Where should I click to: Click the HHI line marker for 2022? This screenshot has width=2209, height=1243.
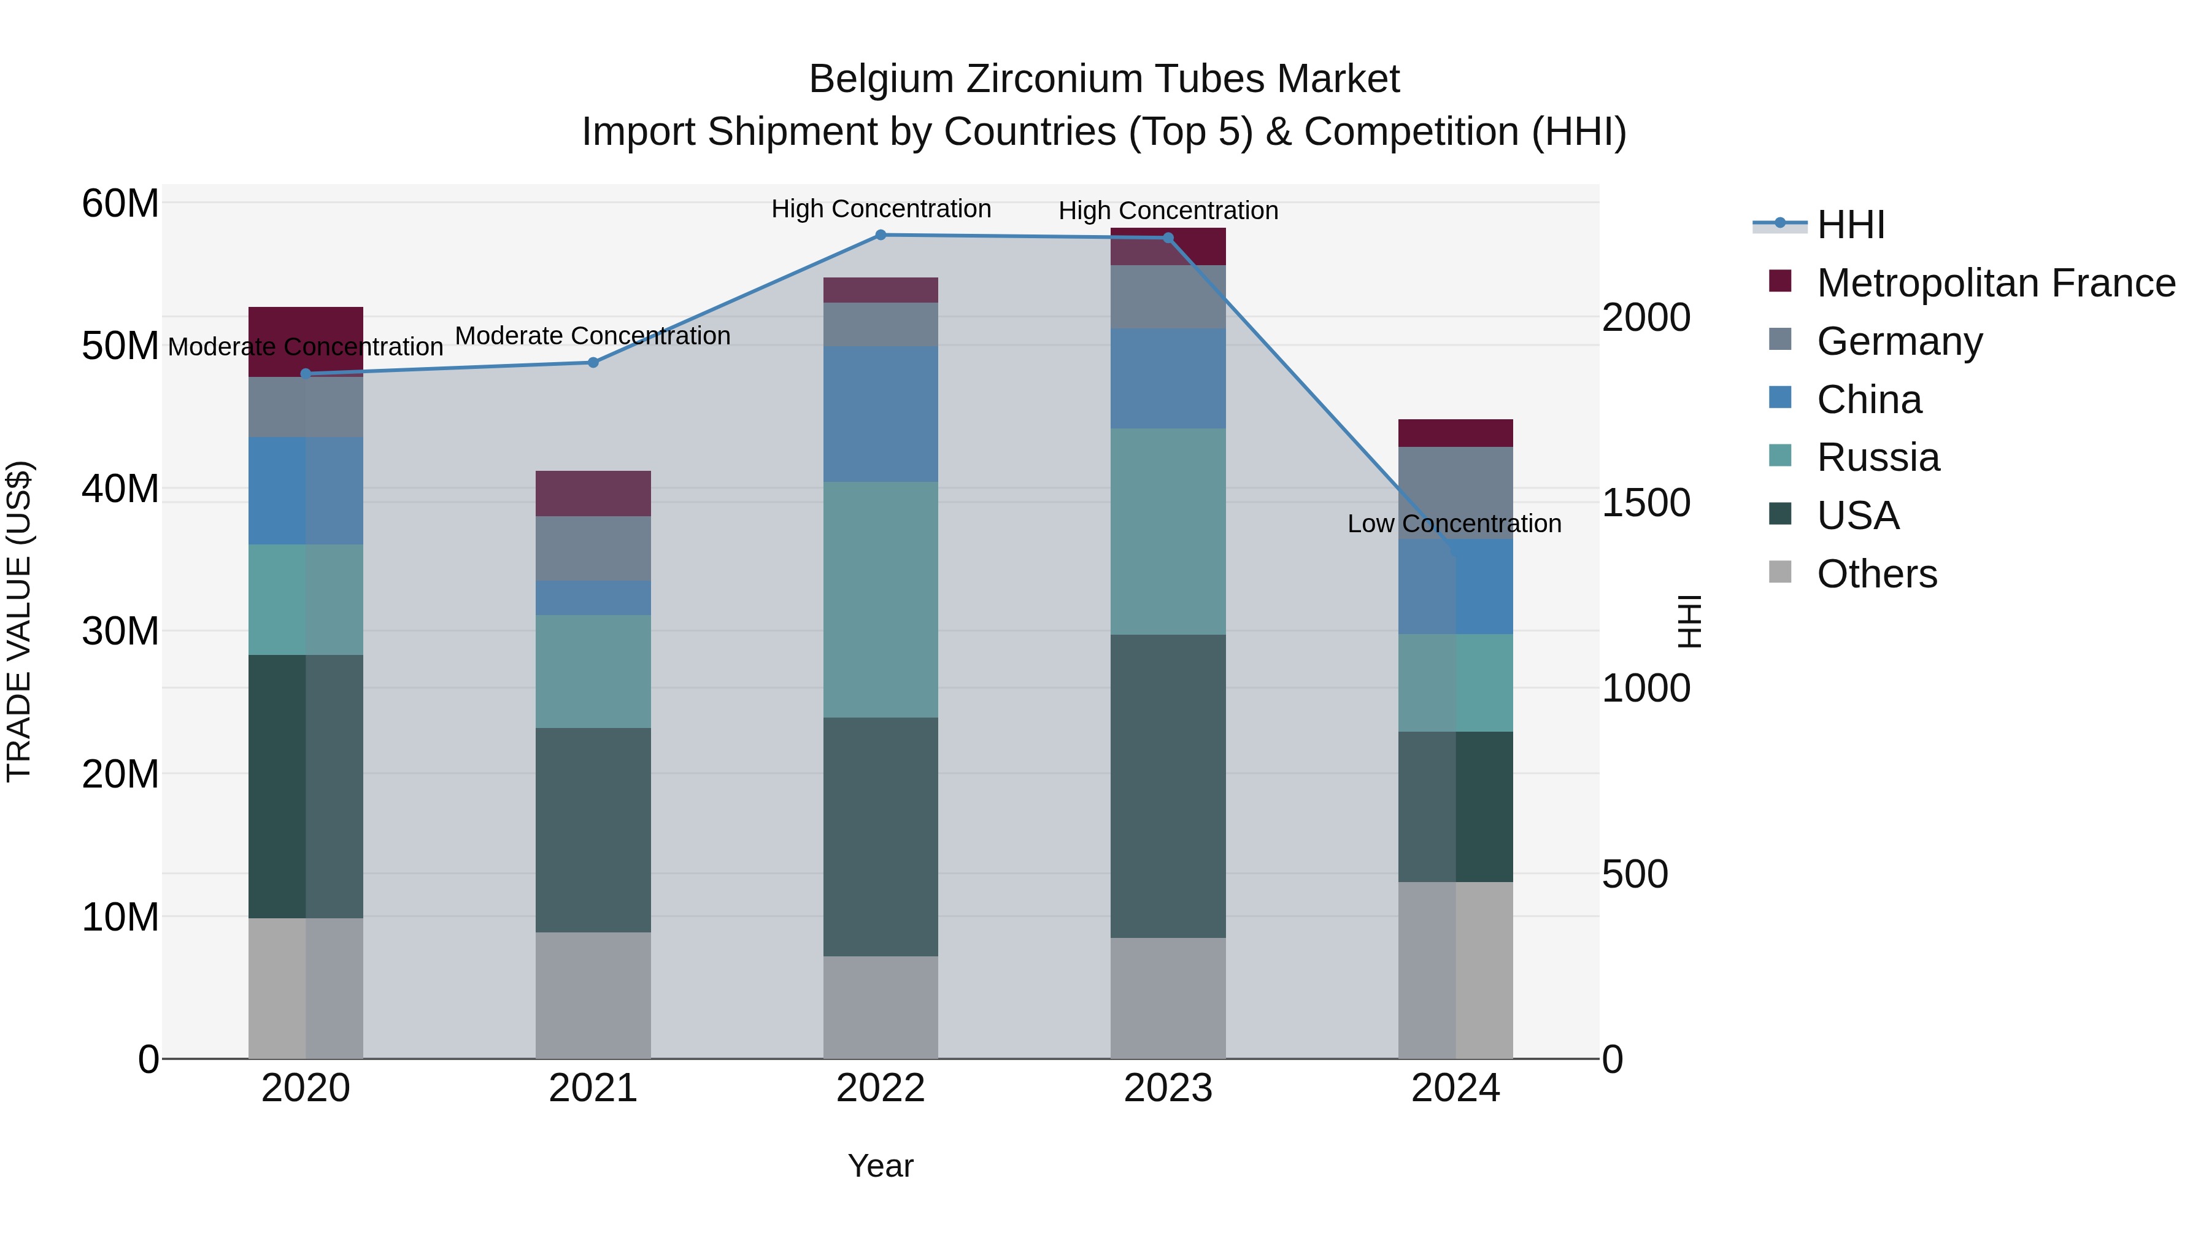click(x=880, y=235)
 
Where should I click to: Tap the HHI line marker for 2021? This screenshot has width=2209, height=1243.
click(x=593, y=363)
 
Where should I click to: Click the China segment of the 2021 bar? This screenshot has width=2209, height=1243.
click(x=593, y=598)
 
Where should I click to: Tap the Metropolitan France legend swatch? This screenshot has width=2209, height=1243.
click(x=1780, y=281)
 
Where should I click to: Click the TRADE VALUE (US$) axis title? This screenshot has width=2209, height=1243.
click(x=19, y=621)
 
